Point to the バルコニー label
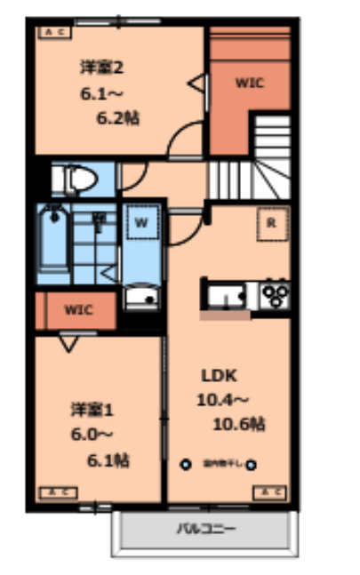(x=205, y=530)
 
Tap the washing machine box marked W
(x=140, y=222)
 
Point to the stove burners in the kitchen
(x=275, y=292)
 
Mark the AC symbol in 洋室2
(x=54, y=33)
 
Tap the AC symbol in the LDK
(x=270, y=491)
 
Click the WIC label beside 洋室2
(x=250, y=84)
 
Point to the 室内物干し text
(x=218, y=463)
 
